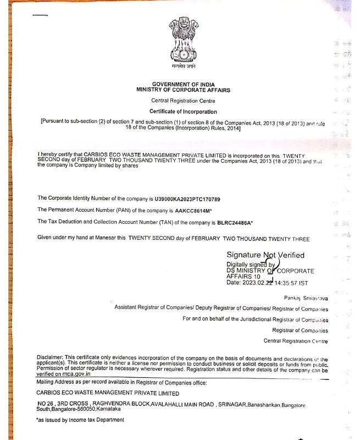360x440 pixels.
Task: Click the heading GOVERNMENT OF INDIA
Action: (183, 84)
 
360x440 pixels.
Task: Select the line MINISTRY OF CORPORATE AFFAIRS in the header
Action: (183, 90)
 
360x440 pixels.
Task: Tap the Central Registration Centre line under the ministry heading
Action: (183, 101)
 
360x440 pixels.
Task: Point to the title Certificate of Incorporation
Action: (183, 112)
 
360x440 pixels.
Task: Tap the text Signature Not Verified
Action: (265, 255)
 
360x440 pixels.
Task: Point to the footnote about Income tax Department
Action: (80, 420)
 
